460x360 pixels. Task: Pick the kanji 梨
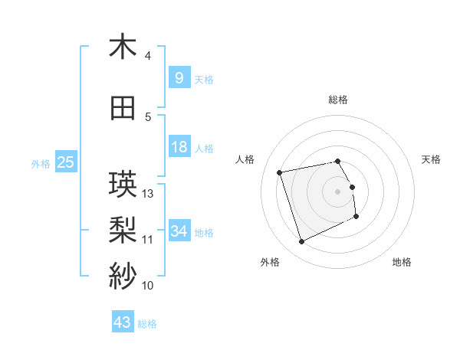coord(123,228)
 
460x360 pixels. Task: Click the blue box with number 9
coord(179,77)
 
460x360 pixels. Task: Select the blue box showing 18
coord(179,147)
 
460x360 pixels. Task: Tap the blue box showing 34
coord(179,231)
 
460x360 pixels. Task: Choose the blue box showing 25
coord(65,162)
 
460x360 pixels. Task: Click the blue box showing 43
coord(122,322)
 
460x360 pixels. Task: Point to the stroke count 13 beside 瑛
coord(149,193)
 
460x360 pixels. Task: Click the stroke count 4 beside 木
coord(148,56)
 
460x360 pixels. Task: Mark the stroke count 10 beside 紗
coord(148,286)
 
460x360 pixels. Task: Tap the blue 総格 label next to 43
coord(147,324)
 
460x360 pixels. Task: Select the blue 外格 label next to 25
coord(40,163)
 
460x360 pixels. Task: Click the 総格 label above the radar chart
coord(338,100)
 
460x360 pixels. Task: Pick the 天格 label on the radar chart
coord(432,159)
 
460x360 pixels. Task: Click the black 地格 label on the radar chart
coord(402,262)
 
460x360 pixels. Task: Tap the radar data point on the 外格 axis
coord(301,242)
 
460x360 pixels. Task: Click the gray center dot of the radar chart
coord(338,191)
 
